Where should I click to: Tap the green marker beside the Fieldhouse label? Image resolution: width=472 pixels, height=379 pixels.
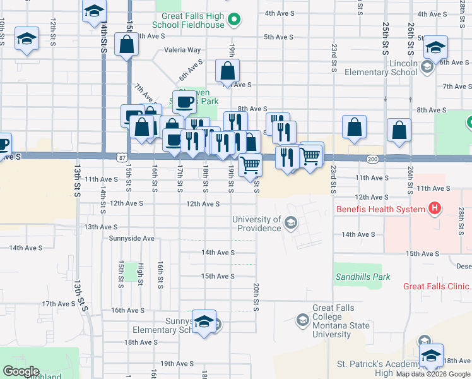coord(234,21)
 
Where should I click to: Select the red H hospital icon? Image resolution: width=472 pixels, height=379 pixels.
coord(434,207)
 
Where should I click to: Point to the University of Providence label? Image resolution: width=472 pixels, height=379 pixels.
coord(256,224)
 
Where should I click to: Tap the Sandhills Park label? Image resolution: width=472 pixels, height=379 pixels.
coord(362,277)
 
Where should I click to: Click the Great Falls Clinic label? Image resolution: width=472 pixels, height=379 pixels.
coord(437,286)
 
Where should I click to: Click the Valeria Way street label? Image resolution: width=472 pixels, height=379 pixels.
coord(182,50)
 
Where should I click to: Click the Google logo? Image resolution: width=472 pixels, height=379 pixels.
coord(21,371)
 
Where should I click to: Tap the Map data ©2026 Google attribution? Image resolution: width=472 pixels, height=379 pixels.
coord(433,374)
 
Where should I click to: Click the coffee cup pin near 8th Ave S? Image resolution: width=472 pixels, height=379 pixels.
coord(185,101)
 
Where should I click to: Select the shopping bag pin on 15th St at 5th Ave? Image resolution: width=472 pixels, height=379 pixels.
coord(126,45)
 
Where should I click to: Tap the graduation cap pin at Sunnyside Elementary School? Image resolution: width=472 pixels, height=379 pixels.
coord(204,322)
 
